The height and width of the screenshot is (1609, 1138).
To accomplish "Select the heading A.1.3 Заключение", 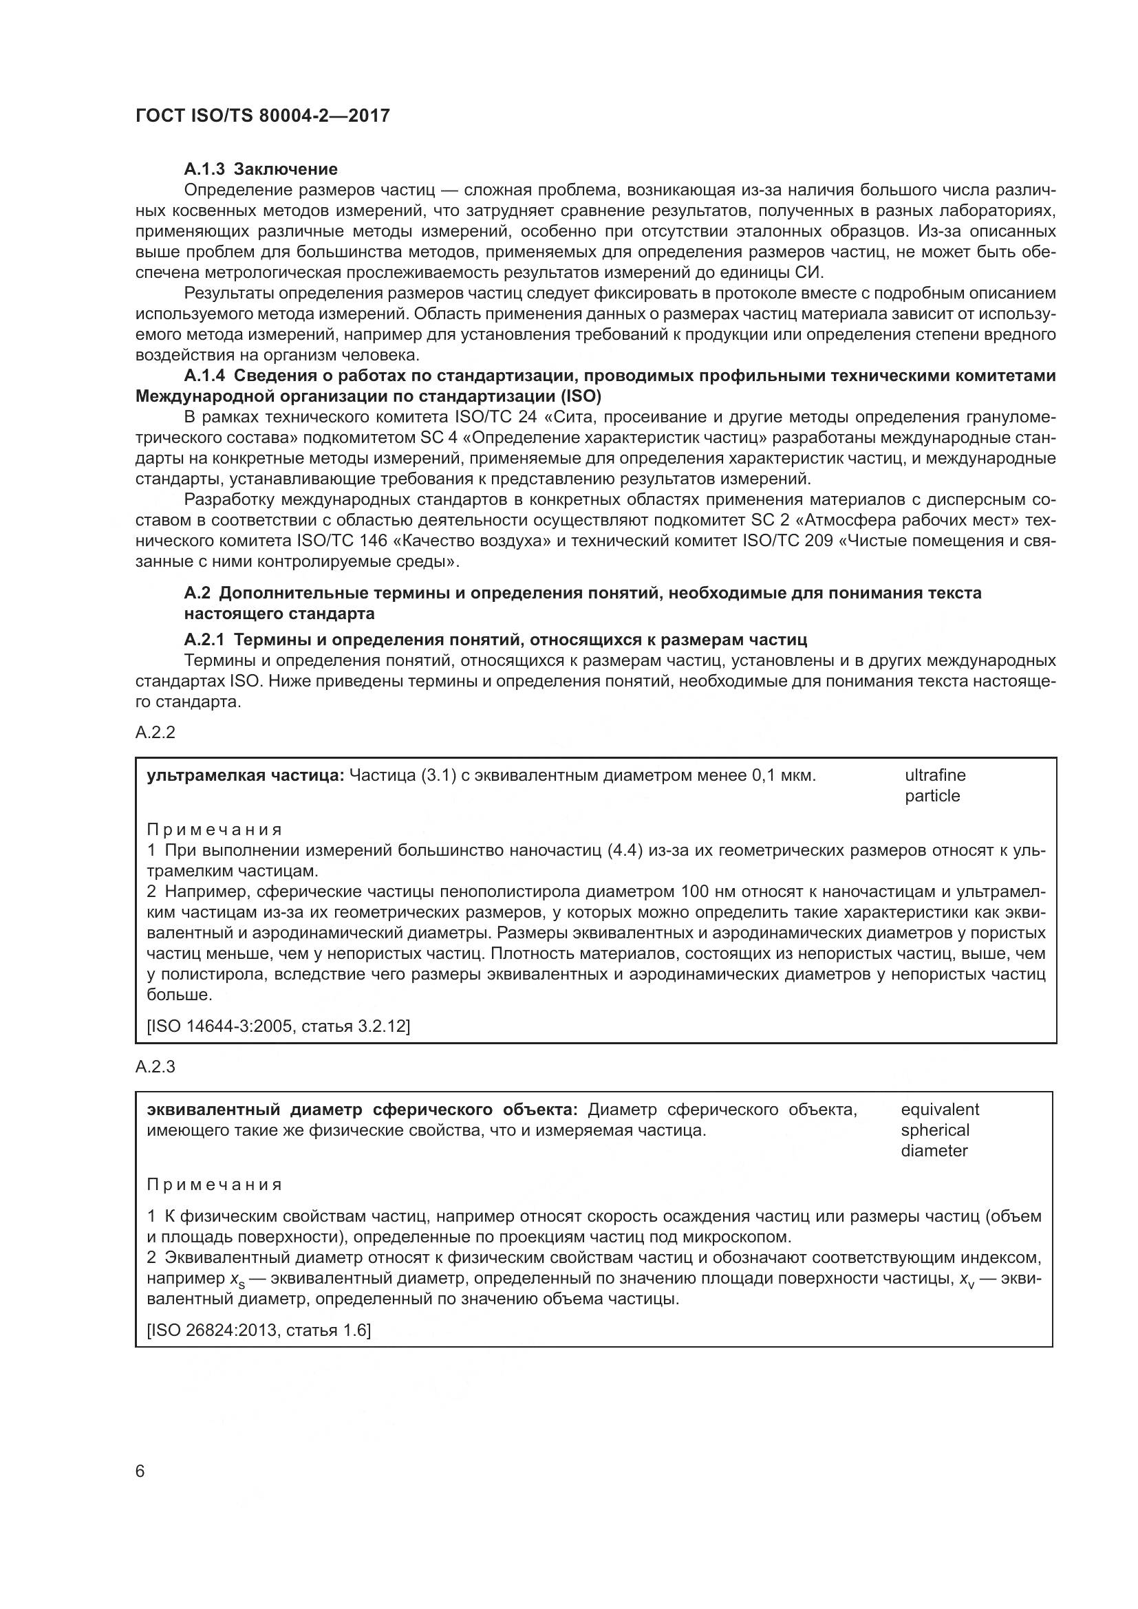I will [x=261, y=169].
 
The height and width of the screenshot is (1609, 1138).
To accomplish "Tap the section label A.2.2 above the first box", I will [x=155, y=733].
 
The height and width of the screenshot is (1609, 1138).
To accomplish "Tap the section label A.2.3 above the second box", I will [x=155, y=1068].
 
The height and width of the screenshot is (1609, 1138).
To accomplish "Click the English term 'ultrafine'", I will [x=935, y=775].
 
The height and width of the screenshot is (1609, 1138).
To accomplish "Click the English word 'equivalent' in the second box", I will [x=940, y=1110].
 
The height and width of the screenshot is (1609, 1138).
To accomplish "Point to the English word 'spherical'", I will [x=935, y=1130].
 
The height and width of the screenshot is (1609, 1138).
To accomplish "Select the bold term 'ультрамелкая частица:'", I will [x=245, y=776].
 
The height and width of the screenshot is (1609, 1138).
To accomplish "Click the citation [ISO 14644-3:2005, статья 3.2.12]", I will [x=278, y=1026].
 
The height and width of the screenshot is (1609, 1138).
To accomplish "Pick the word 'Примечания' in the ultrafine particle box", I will [x=215, y=830].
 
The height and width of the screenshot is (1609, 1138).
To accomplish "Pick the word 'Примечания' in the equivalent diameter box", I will [x=215, y=1185].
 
